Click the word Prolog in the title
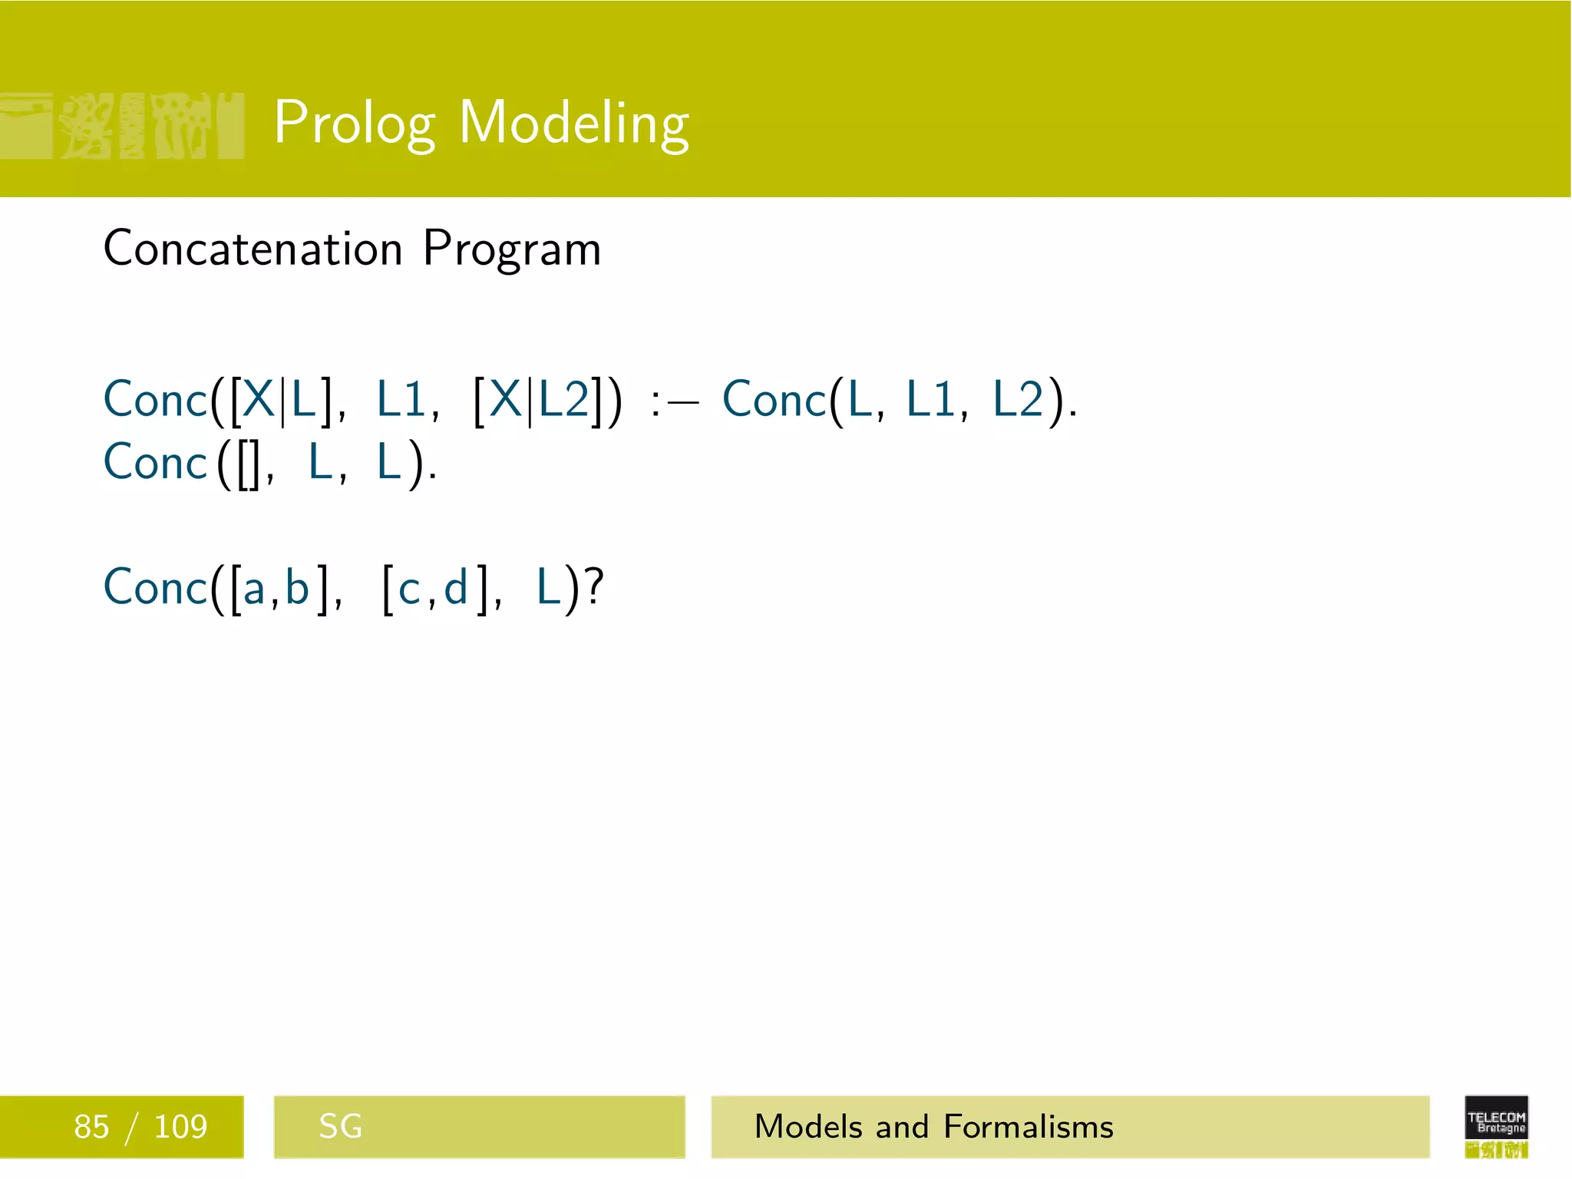[x=355, y=123]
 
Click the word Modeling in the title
[x=573, y=123]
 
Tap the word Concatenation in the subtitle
[x=253, y=249]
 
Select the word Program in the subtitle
[x=512, y=250]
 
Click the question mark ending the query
[x=594, y=587]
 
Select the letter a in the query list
[x=254, y=589]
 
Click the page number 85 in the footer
[x=91, y=1127]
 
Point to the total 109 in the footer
[x=180, y=1127]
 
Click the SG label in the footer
[x=340, y=1127]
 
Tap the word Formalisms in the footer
[x=1028, y=1127]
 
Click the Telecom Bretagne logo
[x=1496, y=1126]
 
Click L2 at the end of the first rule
[x=1019, y=399]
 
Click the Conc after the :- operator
[x=774, y=400]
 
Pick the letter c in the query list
[x=409, y=589]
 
